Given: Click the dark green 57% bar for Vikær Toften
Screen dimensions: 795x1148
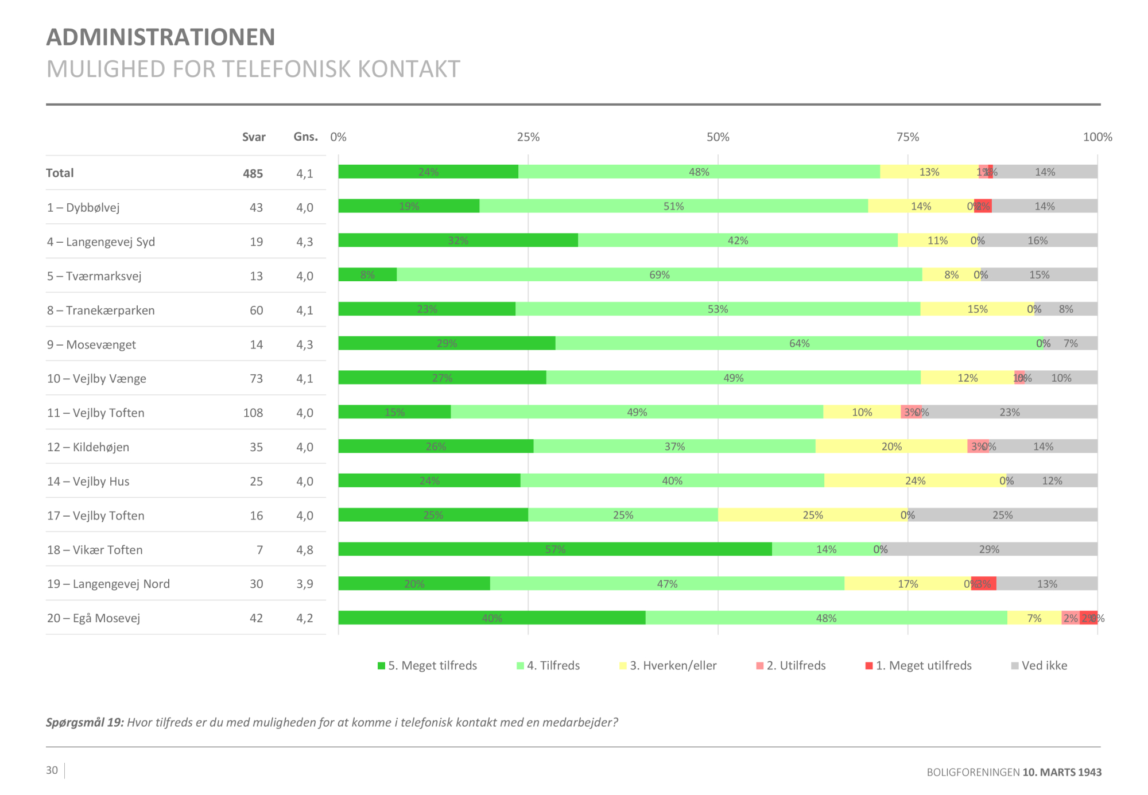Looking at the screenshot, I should click(x=554, y=549).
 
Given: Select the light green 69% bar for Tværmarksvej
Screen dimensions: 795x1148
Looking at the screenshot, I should click(x=659, y=275).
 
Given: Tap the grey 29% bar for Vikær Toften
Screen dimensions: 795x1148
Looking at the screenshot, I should click(x=988, y=549).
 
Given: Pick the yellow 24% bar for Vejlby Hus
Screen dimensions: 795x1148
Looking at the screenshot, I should click(x=915, y=481).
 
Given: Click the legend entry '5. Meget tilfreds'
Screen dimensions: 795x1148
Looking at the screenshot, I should click(x=427, y=666).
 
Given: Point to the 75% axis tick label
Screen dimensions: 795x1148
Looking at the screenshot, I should click(x=907, y=137).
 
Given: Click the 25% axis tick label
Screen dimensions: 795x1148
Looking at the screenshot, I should click(x=528, y=137).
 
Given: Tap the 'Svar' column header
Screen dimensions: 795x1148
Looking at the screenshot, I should click(x=254, y=137).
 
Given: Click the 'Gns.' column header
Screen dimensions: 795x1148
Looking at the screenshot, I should click(x=305, y=137).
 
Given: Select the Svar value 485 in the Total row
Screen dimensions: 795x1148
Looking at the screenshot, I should click(x=253, y=173).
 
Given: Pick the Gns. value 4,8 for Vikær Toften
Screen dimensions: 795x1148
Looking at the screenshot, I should click(x=305, y=550).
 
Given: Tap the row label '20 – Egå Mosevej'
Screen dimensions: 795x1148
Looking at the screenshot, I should click(x=94, y=618).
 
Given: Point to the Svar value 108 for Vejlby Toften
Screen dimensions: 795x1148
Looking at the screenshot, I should click(x=253, y=413).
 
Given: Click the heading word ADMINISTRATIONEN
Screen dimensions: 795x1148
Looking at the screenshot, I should click(x=161, y=37).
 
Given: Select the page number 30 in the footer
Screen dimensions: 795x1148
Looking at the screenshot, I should click(x=52, y=770).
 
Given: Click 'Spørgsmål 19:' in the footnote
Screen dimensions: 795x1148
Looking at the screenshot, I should click(x=85, y=723).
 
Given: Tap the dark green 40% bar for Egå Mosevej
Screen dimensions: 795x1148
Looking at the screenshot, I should click(x=491, y=618).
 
